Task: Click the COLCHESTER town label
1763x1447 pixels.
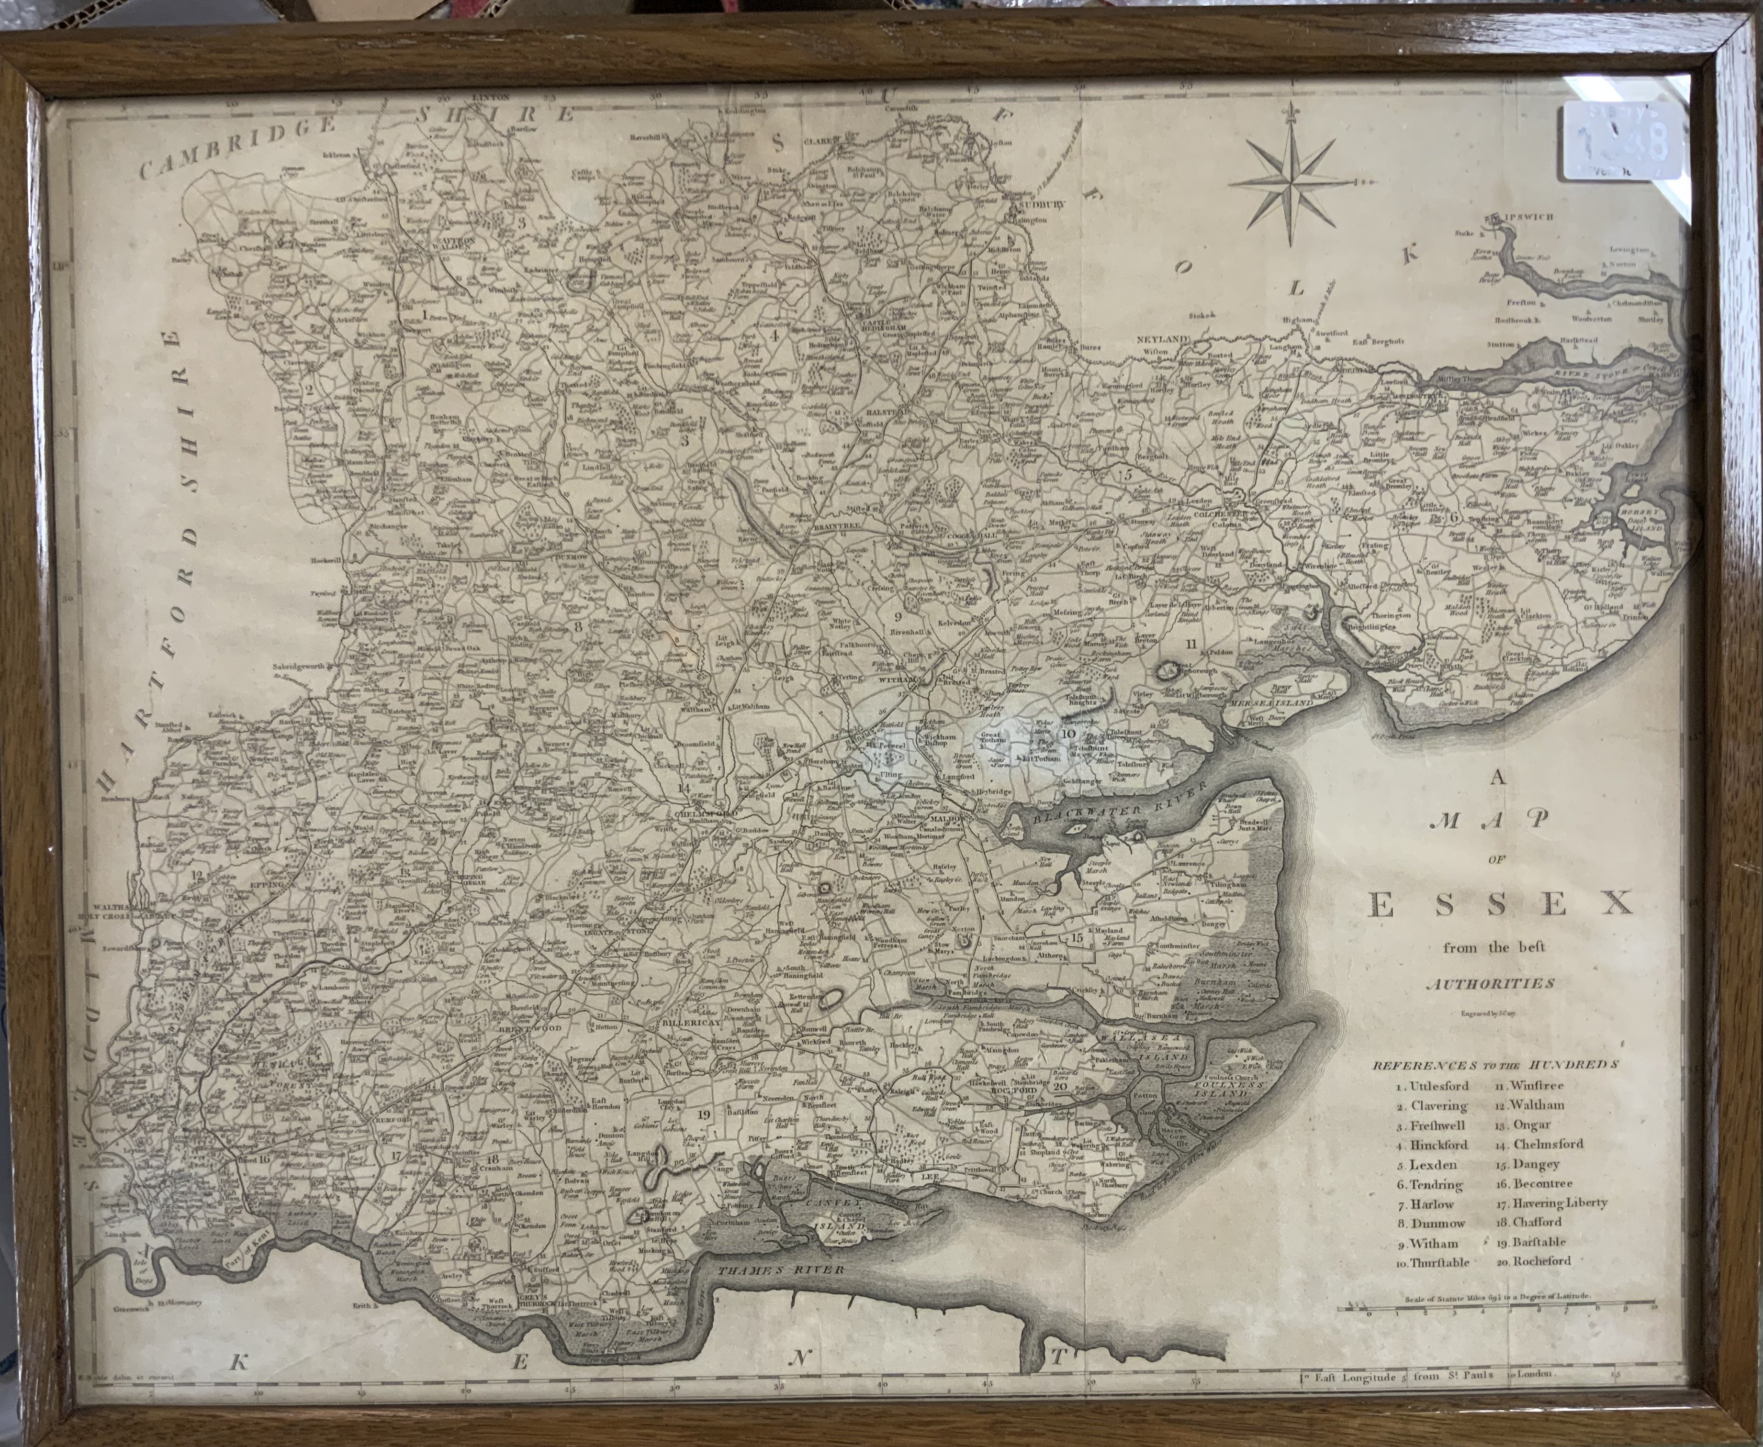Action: (x=1224, y=514)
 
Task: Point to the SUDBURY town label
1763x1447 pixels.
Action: (x=1034, y=205)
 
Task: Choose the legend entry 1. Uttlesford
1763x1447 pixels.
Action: (x=1428, y=1086)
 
